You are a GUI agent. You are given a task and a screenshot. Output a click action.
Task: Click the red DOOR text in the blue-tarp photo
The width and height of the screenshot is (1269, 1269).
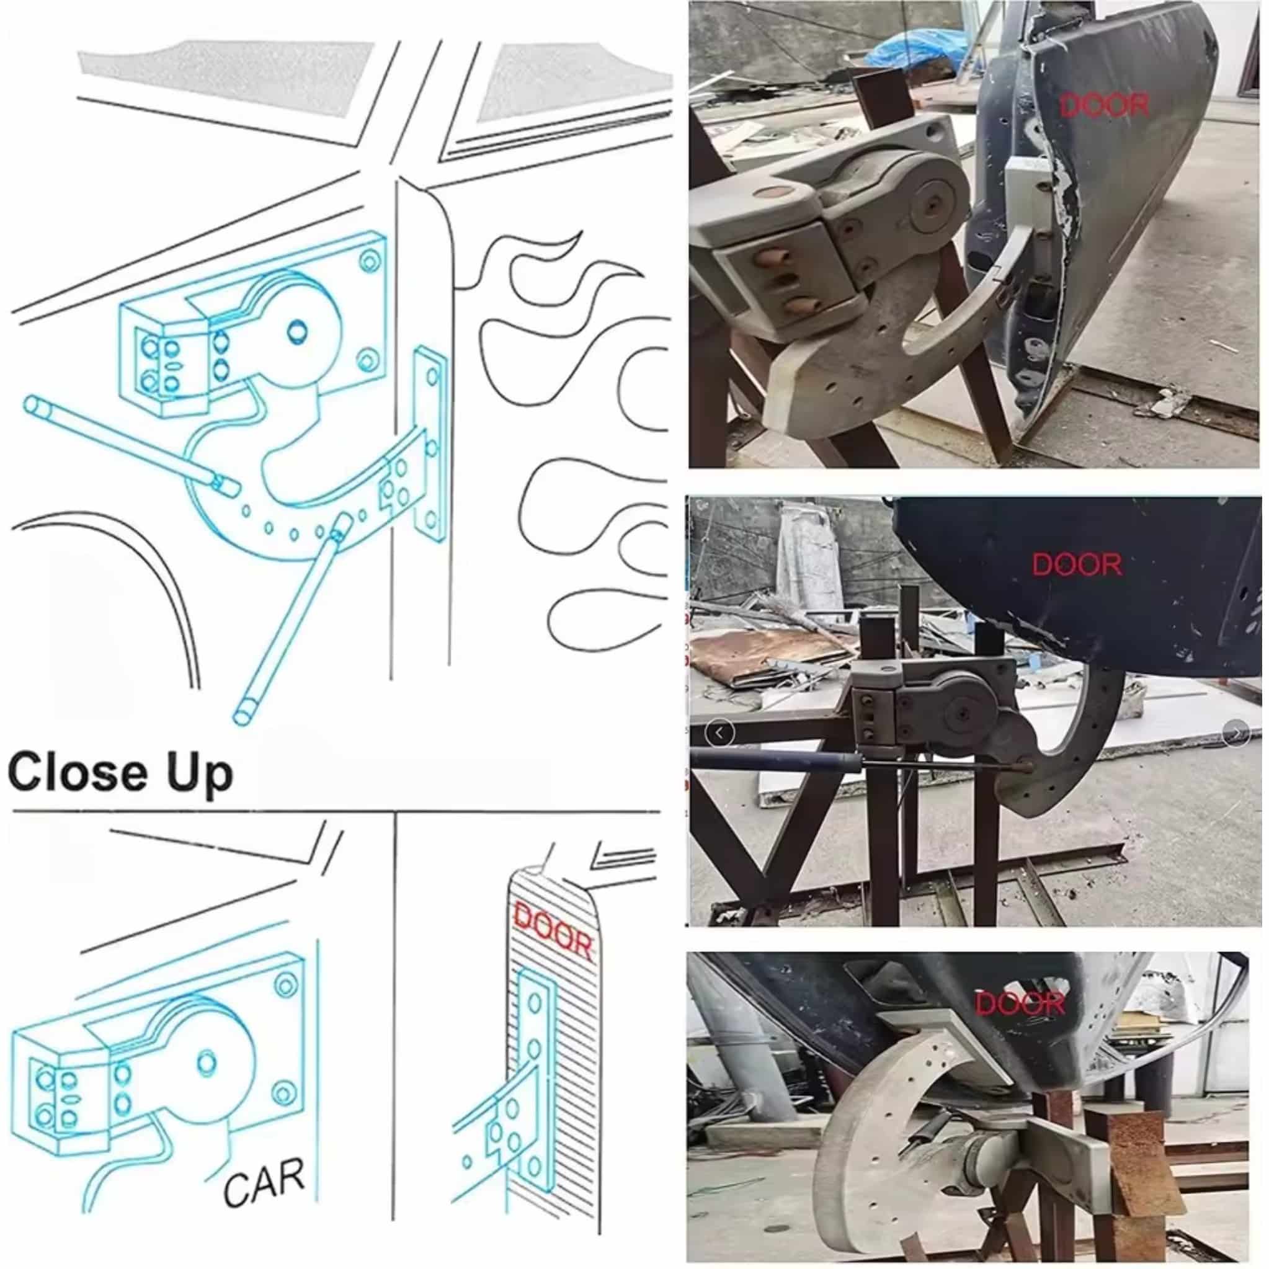click(x=1105, y=105)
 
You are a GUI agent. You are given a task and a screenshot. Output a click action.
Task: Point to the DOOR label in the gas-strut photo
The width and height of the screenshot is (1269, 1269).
click(x=1077, y=564)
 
